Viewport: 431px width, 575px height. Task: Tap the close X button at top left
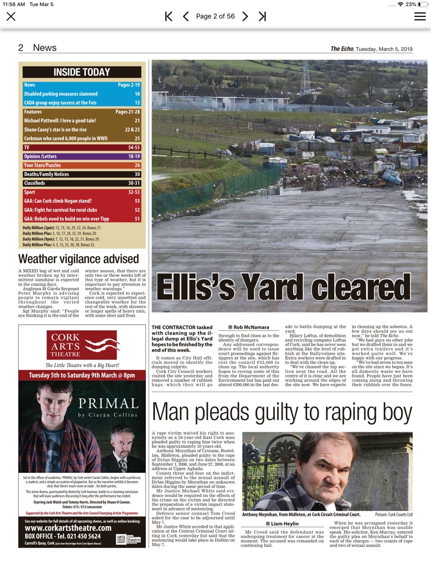(x=11, y=16)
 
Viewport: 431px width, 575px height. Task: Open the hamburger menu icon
(x=420, y=16)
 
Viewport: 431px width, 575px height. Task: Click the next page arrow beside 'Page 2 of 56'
(x=245, y=16)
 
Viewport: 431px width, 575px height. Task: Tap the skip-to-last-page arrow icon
(x=262, y=16)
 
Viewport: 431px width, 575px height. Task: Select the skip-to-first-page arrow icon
(x=168, y=16)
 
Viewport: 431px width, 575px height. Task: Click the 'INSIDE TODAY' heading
(x=82, y=72)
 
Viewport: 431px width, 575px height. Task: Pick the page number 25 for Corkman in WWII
(x=137, y=138)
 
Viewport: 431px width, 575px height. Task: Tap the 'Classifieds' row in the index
(x=82, y=183)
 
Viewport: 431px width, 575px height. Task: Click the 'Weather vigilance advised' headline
(x=78, y=259)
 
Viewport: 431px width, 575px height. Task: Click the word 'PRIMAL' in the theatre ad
(x=108, y=404)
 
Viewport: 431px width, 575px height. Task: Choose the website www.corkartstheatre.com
(x=68, y=528)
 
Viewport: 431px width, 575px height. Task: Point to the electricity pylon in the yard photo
(x=305, y=76)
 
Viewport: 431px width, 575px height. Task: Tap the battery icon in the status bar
(x=423, y=4)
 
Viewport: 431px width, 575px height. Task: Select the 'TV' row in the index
(x=82, y=147)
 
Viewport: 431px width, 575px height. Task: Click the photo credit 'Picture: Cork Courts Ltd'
(x=393, y=514)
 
